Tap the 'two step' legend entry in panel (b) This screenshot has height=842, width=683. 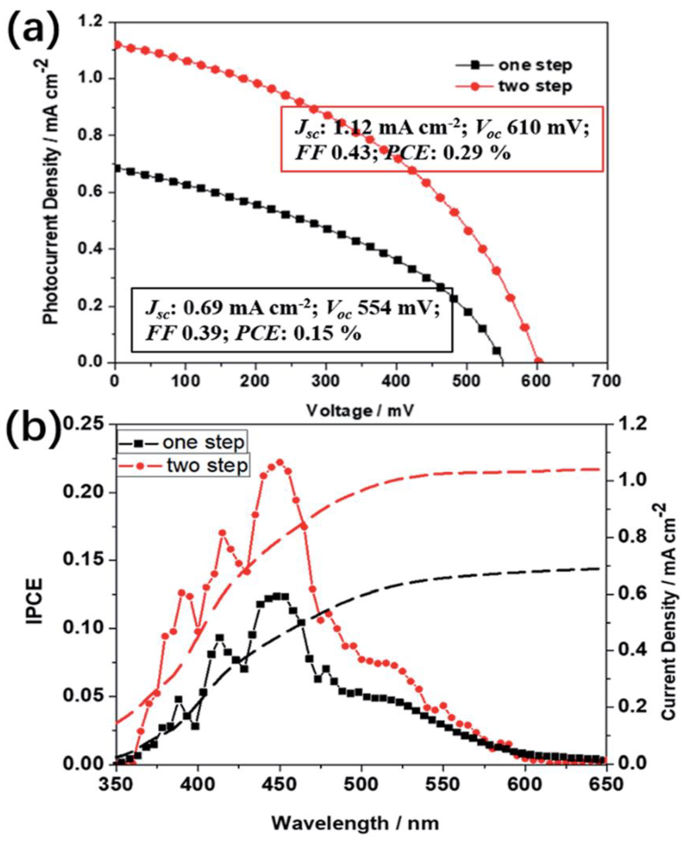[x=207, y=465]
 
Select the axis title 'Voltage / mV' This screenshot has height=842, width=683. [x=360, y=411]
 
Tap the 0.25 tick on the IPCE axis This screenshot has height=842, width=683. [x=85, y=425]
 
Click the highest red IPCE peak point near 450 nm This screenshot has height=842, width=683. [x=280, y=462]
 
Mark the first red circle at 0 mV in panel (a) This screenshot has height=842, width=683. [x=116, y=45]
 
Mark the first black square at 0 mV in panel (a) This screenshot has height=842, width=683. [x=116, y=168]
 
